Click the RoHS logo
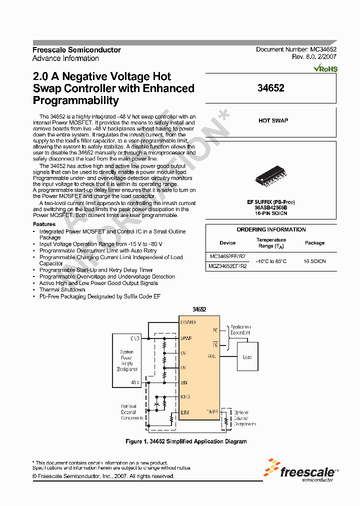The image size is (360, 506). (x=325, y=69)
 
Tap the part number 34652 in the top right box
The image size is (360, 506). (x=270, y=88)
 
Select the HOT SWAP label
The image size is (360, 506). (x=273, y=120)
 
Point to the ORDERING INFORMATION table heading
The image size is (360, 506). (x=271, y=229)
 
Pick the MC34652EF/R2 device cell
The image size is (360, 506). (x=227, y=256)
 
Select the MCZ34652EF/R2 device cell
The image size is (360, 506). (x=227, y=266)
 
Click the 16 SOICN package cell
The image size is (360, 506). (x=314, y=261)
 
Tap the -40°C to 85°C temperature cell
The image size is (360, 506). (x=271, y=261)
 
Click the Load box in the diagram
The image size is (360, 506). (x=247, y=357)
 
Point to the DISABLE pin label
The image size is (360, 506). (x=188, y=322)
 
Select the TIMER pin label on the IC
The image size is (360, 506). (x=212, y=411)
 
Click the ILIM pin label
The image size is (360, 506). (x=185, y=413)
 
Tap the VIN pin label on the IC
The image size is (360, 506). (x=184, y=382)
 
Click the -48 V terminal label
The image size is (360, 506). (x=135, y=382)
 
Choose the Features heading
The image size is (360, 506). (x=44, y=224)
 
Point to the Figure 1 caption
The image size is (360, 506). (x=185, y=441)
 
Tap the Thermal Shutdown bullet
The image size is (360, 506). (x=62, y=289)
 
